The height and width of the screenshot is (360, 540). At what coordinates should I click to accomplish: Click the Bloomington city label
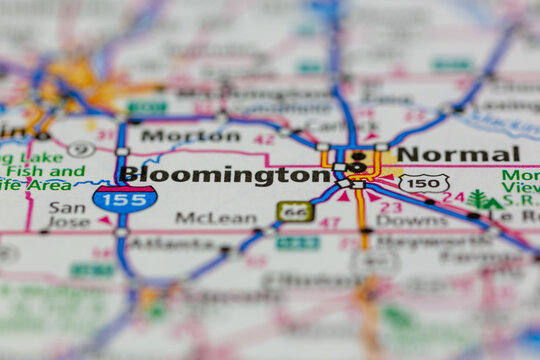(224, 175)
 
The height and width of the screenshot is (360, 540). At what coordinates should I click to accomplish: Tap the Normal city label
(458, 154)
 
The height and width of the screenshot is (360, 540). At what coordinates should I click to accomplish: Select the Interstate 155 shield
(125, 198)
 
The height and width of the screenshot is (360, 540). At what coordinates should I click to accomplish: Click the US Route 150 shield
(423, 183)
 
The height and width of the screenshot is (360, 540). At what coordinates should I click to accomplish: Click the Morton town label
(176, 135)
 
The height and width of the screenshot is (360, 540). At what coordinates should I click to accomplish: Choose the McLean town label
(215, 217)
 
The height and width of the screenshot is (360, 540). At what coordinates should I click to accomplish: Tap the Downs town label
(397, 220)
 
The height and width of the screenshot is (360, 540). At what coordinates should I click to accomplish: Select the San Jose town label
(68, 216)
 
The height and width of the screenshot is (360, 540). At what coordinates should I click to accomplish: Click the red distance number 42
(264, 140)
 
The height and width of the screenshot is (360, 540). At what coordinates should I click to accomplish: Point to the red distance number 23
(391, 207)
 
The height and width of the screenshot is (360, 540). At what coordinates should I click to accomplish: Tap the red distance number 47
(329, 224)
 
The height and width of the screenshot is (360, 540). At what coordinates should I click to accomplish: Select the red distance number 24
(454, 198)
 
